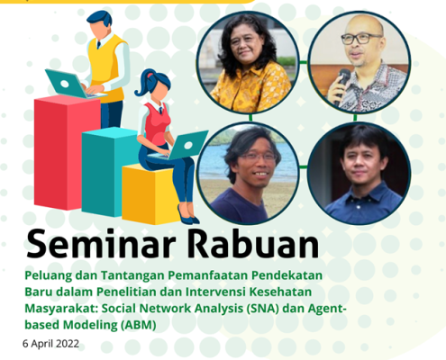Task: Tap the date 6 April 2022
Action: (x=50, y=344)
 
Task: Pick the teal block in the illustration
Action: (x=110, y=172)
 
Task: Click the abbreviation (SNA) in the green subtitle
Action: (x=262, y=309)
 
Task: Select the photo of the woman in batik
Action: (x=248, y=62)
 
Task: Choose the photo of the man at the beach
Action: (x=248, y=174)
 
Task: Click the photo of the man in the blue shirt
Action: (x=360, y=174)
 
